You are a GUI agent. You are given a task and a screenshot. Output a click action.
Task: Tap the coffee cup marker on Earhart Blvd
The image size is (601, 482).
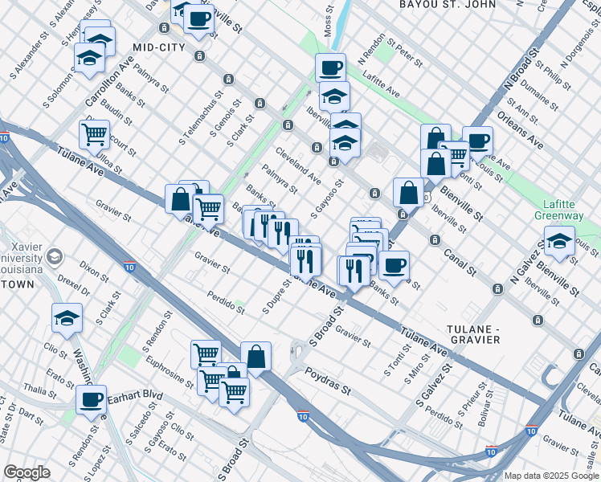[x=92, y=399]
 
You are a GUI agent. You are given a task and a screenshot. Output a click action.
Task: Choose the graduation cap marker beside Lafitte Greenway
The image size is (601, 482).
[x=560, y=241]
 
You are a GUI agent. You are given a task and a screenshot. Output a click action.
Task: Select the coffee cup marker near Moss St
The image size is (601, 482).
[x=330, y=67]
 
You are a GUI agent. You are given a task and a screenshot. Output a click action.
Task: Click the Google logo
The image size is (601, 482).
[x=27, y=472]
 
